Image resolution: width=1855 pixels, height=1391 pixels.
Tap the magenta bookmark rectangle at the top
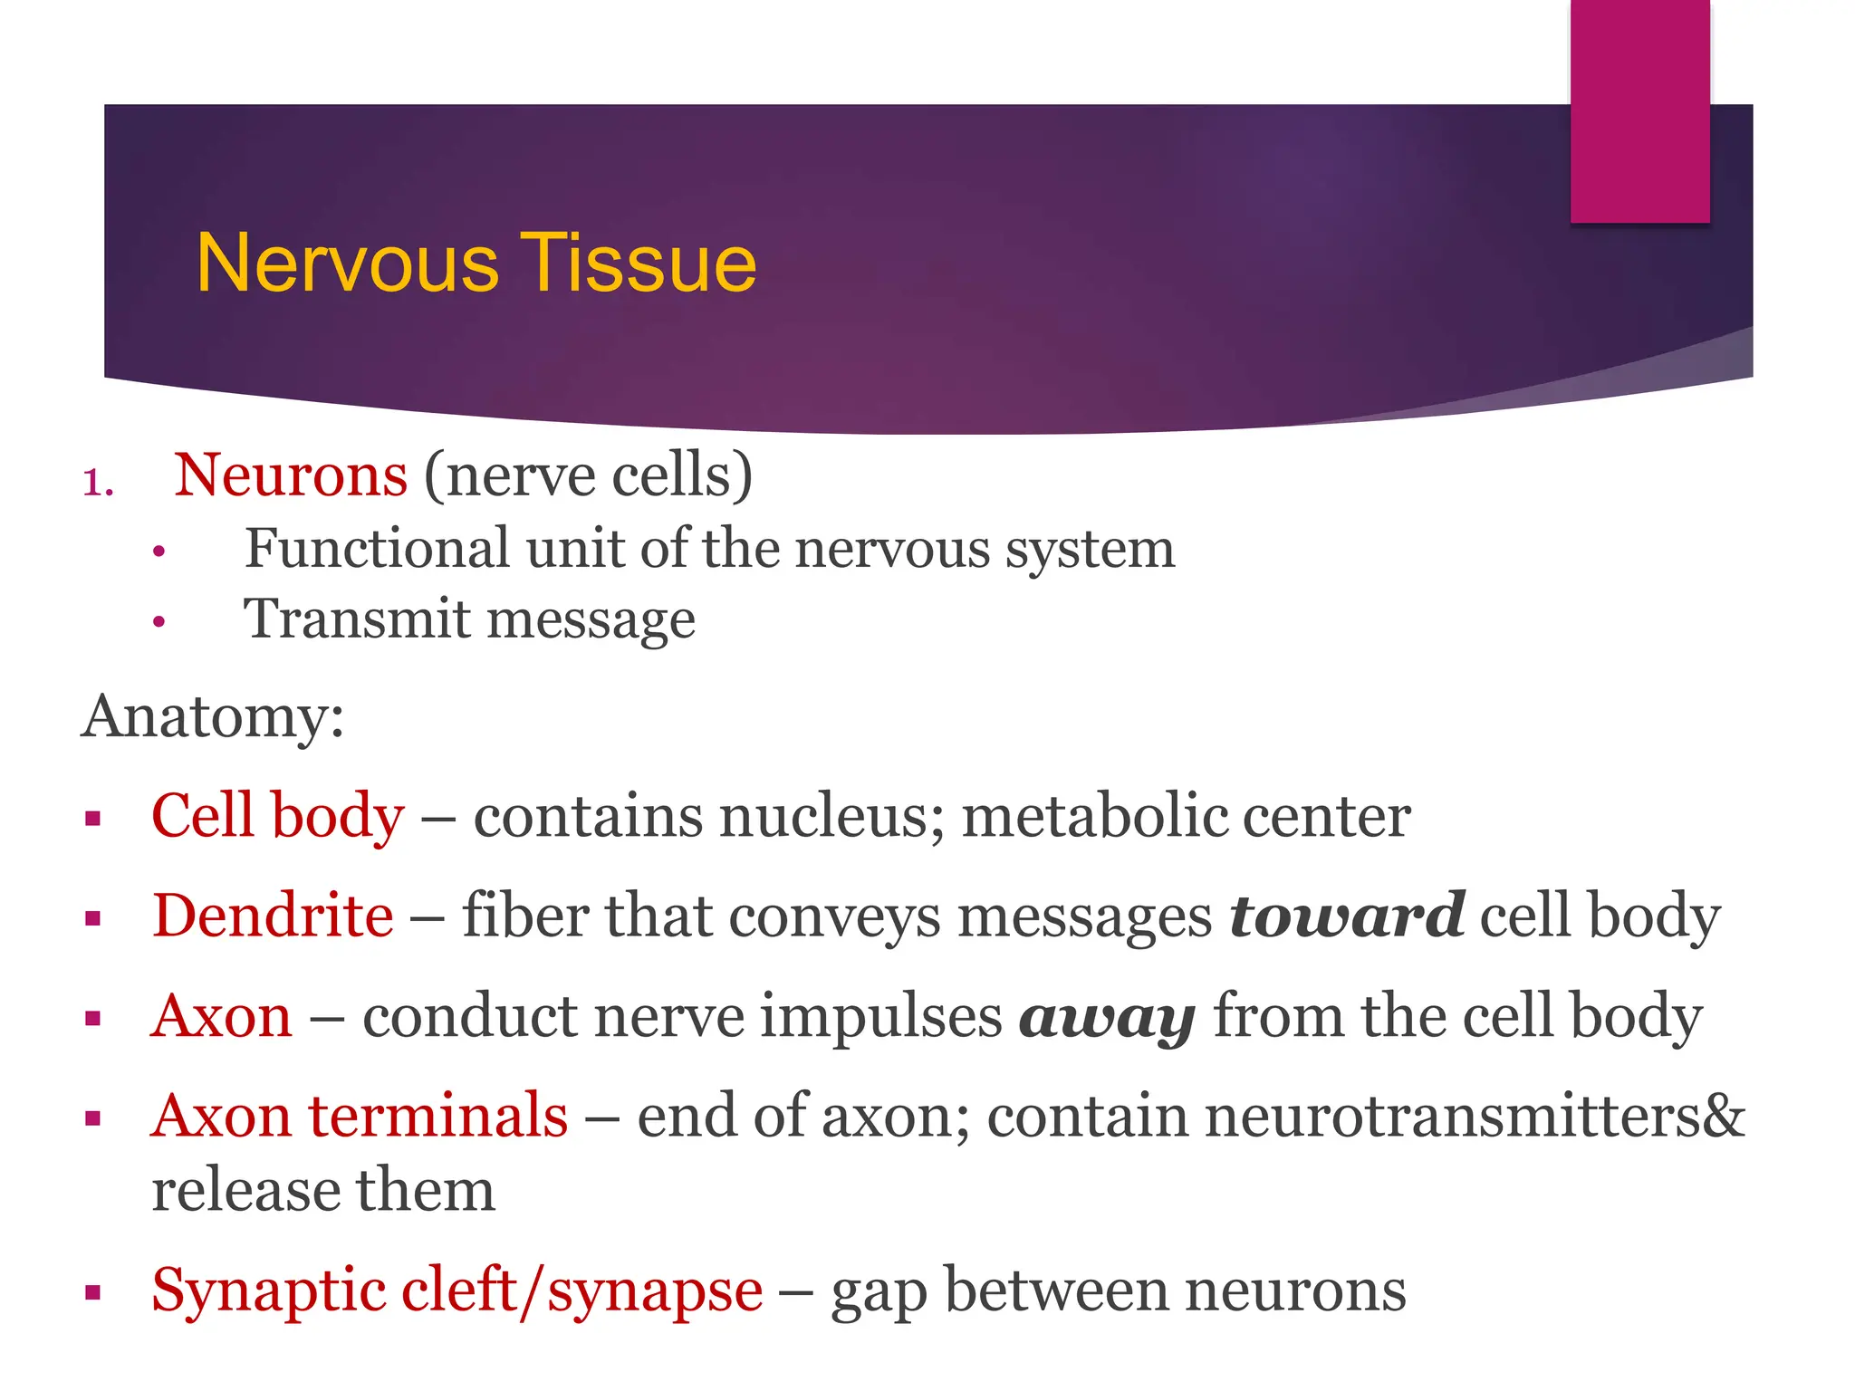[1639, 109]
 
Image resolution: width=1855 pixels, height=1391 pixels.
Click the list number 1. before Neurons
[98, 482]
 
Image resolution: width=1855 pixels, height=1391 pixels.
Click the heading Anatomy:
[213, 717]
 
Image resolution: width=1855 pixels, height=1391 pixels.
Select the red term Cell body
[277, 815]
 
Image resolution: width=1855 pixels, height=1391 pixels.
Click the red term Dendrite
[273, 916]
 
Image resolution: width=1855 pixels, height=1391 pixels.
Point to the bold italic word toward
[1346, 916]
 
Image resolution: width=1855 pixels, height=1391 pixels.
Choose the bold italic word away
[1107, 1018]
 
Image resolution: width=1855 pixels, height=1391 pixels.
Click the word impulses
[880, 1016]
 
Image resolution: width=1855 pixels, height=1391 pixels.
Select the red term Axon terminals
[360, 1116]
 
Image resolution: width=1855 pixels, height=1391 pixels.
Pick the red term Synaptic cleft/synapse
[457, 1290]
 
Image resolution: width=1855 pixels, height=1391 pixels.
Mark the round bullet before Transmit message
[159, 622]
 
